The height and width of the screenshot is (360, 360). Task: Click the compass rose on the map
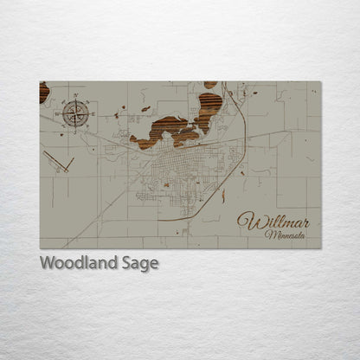coord(75,112)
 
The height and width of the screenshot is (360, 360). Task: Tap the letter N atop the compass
coord(75,99)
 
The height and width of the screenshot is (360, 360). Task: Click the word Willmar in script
coord(273,222)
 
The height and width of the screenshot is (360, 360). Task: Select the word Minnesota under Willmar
coord(285,235)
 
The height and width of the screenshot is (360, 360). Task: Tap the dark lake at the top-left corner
coord(43,92)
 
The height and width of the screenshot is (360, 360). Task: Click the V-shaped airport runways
coord(59,162)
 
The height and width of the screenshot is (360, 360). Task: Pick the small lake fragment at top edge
coord(210,85)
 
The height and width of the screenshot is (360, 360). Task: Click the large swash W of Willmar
coord(247,222)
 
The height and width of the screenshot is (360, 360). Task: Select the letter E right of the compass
coord(90,112)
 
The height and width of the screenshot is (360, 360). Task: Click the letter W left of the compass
coord(61,112)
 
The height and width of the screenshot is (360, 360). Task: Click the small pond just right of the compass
coord(117,113)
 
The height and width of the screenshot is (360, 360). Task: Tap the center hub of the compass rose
coord(75,112)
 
